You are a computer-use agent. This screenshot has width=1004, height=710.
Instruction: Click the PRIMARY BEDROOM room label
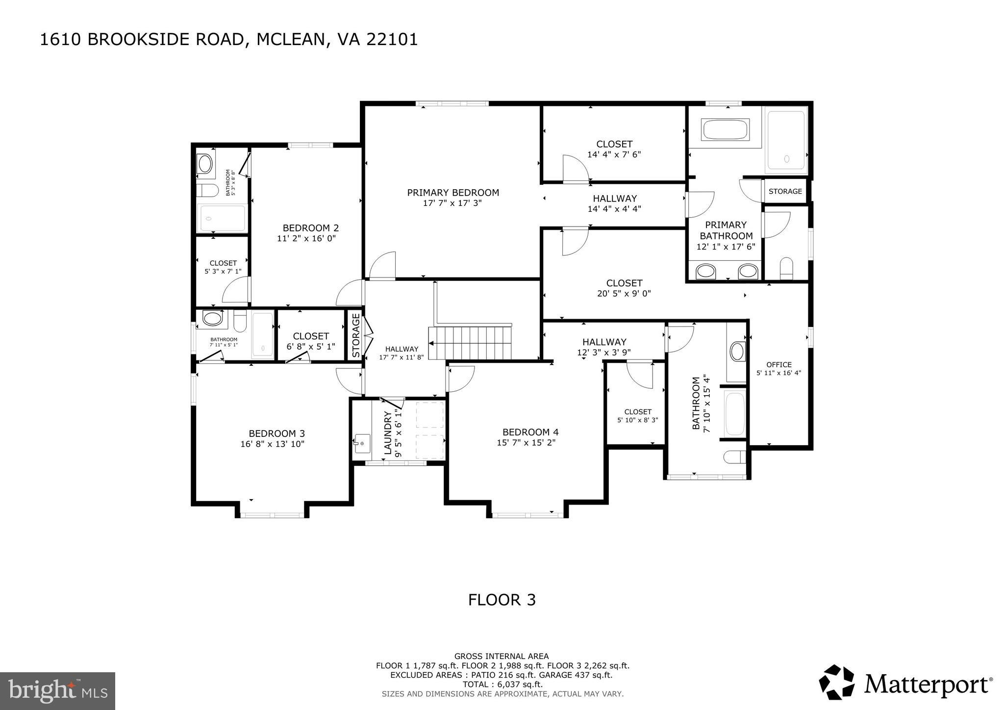point(453,193)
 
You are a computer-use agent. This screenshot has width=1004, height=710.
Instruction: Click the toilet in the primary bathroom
point(786,267)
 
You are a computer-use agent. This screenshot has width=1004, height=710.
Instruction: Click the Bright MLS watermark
point(57,691)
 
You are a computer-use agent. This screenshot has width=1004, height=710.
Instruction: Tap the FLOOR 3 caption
point(502,600)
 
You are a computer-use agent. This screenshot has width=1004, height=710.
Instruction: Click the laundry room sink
point(362,444)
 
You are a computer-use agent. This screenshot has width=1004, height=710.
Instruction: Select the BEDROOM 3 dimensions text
point(272,444)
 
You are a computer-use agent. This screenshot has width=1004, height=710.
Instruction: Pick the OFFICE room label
point(779,364)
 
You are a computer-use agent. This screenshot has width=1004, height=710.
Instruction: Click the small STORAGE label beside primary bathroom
point(785,191)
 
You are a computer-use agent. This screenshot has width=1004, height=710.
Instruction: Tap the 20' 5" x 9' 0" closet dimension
point(624,294)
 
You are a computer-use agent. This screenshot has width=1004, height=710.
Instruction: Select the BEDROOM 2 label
point(310,228)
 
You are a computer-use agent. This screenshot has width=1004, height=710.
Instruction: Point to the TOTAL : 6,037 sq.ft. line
point(502,684)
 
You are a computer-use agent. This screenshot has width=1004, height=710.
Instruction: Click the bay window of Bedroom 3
point(272,515)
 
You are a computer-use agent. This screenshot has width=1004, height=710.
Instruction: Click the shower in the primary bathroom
point(786,140)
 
